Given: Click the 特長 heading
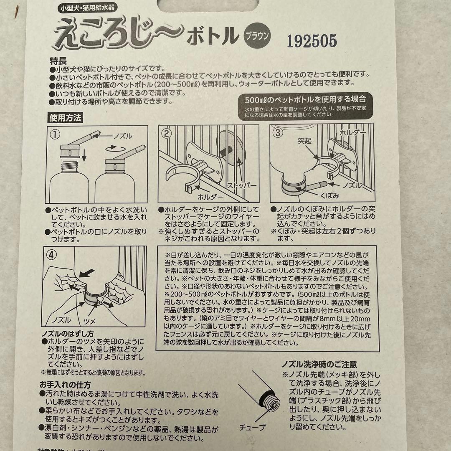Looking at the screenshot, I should pyautogui.click(x=57, y=61).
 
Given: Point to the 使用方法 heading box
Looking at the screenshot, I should pyautogui.click(x=66, y=118).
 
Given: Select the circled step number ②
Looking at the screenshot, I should pyautogui.click(x=167, y=134).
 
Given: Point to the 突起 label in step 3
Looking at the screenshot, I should pyautogui.click(x=306, y=141).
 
